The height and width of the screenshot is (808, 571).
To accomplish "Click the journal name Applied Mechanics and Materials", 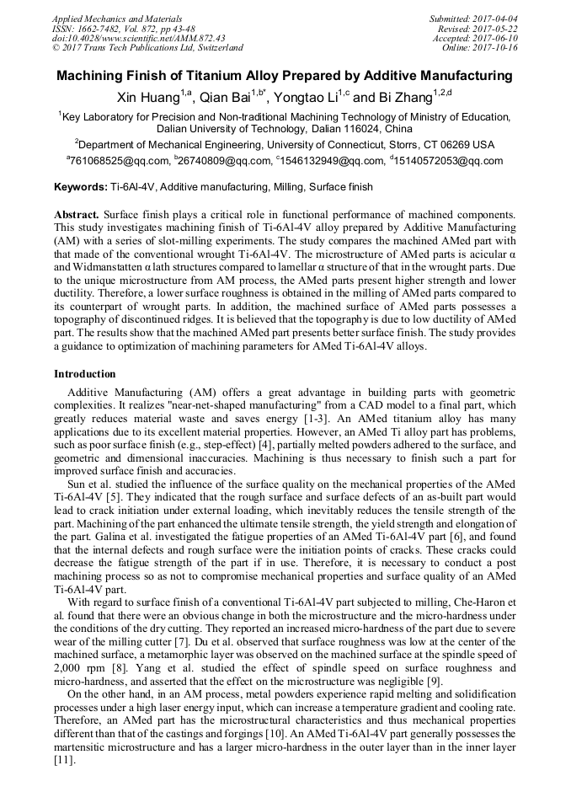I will (106, 18).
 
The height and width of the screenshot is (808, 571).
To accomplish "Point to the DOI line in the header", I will (138, 38).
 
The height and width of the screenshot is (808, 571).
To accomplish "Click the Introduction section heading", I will (85, 373).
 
